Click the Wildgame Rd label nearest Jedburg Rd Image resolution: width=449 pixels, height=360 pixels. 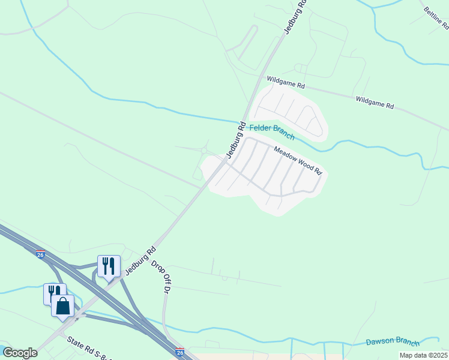click(286, 82)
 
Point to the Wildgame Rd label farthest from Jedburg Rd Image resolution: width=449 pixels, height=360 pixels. click(375, 103)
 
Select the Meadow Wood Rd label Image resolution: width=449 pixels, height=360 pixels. click(298, 161)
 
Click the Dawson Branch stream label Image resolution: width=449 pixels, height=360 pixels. click(393, 342)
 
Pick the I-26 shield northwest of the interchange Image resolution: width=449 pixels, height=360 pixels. click(40, 254)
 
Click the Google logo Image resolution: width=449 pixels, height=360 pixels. click(20, 353)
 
